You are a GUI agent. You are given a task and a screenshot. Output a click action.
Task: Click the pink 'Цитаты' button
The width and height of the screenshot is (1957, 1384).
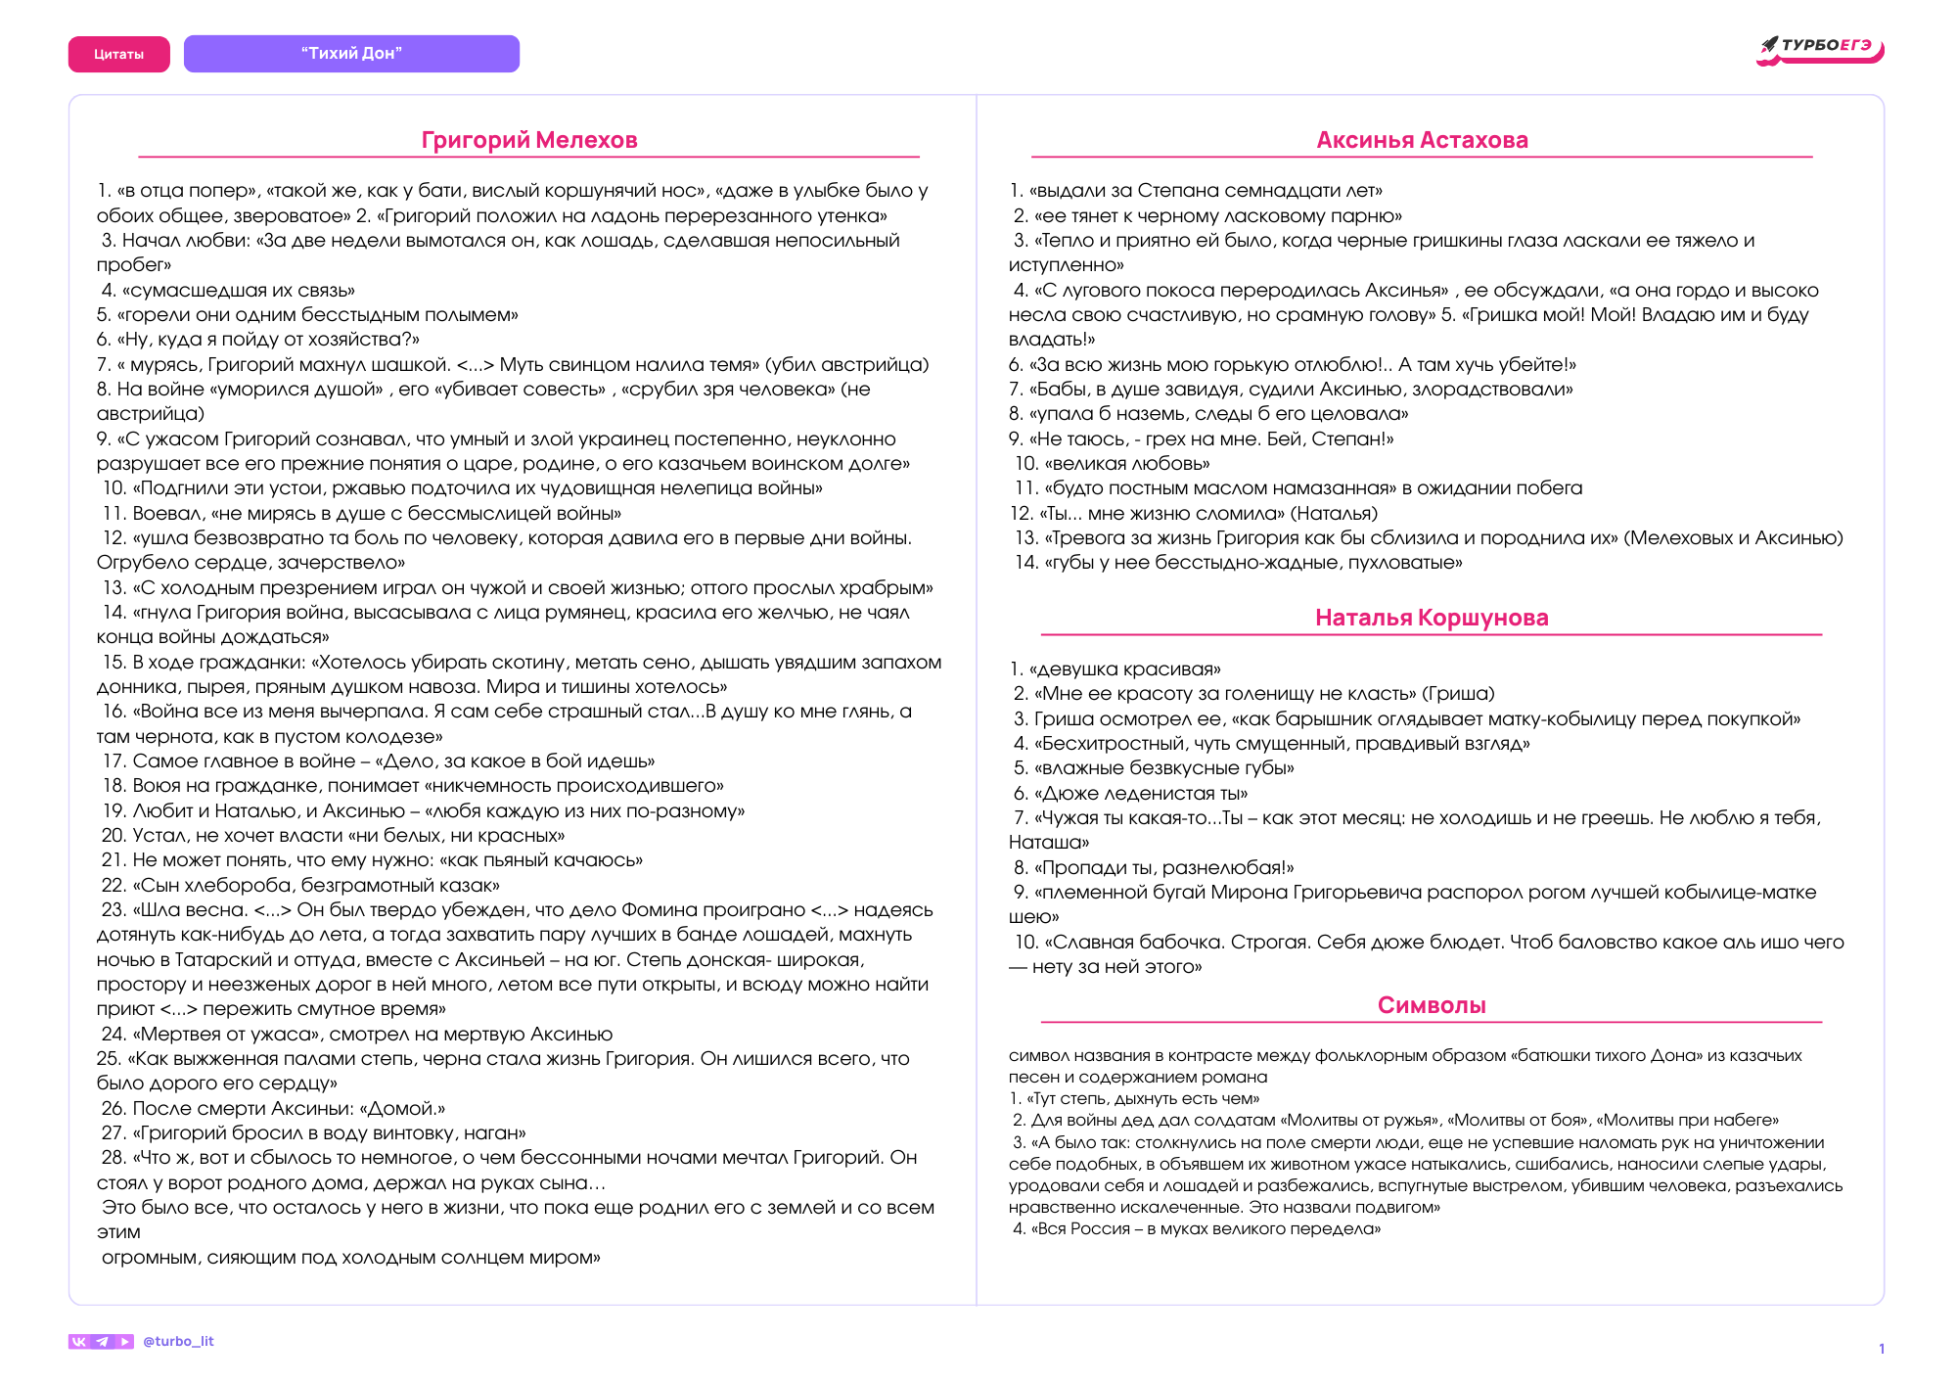coord(118,55)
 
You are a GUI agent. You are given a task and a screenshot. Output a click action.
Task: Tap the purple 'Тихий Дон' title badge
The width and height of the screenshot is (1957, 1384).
coord(351,54)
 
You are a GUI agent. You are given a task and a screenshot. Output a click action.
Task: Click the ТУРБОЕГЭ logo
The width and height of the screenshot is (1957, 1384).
coord(1820,48)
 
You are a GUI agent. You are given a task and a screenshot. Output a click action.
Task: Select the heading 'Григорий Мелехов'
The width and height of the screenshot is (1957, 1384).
coord(528,140)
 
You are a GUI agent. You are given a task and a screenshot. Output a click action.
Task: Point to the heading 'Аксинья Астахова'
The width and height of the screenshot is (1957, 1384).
coord(1422,140)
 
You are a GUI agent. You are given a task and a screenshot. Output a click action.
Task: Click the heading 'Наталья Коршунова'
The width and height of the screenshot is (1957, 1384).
coord(1431,618)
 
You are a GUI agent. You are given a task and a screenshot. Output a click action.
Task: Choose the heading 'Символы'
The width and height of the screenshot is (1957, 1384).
coord(1431,1005)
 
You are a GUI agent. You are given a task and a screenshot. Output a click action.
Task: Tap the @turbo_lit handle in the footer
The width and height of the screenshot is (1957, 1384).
coord(178,1341)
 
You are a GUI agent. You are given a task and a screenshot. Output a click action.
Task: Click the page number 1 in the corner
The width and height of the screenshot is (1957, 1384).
coord(1881,1349)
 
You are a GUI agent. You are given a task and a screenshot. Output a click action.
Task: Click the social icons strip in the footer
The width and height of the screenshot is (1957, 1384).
coord(101,1341)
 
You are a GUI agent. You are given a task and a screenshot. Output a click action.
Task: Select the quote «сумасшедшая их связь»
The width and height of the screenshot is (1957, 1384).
coord(238,291)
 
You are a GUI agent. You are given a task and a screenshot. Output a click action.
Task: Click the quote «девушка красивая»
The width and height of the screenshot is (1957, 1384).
coord(1124,669)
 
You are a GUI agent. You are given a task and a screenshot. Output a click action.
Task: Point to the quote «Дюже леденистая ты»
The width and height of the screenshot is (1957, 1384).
coord(1141,794)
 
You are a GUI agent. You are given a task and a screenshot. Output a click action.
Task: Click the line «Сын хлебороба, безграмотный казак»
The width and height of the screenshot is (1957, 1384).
coord(316,886)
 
